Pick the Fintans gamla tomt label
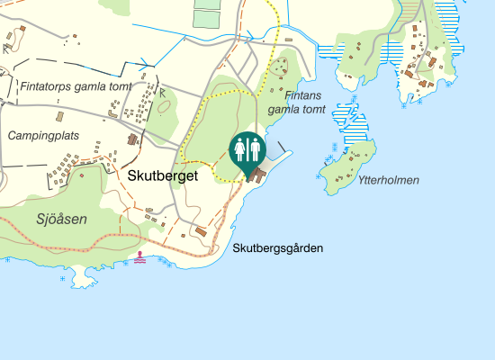coord(296,102)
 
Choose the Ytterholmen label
coord(388,180)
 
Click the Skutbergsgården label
coord(276,248)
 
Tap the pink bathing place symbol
coord(140,257)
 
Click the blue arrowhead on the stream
coord(145,63)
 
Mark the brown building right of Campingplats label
coord(133,140)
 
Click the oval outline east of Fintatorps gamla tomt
coord(164,105)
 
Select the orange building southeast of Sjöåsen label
coord(201,232)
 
